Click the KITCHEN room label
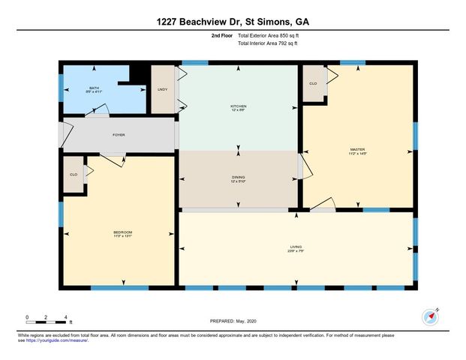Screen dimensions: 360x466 point(238,106)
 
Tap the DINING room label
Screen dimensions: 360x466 point(238,177)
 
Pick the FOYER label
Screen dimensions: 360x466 point(119,135)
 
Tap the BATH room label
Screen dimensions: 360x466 point(94,88)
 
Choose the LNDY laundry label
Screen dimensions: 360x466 point(162,90)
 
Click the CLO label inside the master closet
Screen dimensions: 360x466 point(313,83)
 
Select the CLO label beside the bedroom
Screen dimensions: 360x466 point(74,174)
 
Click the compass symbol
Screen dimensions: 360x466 point(431,316)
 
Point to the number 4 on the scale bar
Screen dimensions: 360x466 point(66,316)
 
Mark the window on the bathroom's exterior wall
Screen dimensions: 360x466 point(62,88)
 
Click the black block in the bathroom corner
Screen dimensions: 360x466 point(138,72)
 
